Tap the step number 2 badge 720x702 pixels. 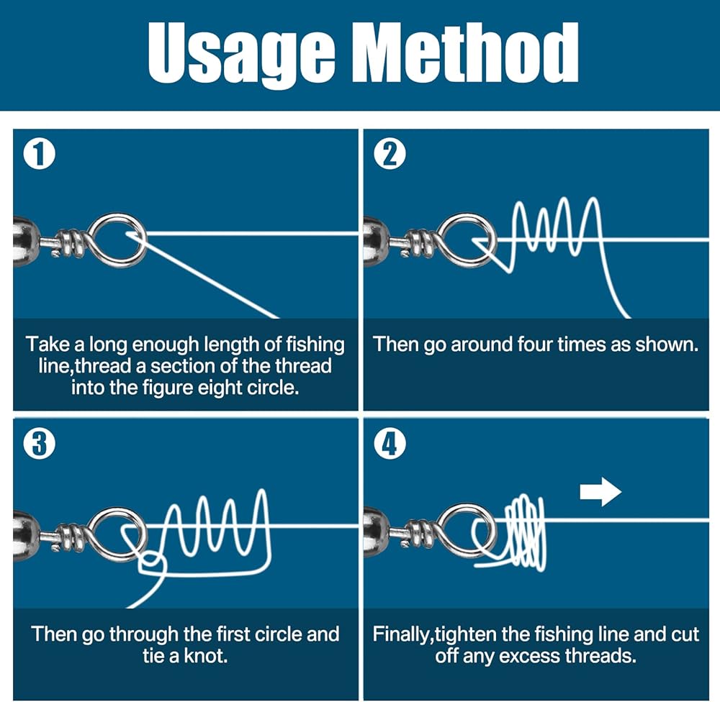[x=390, y=155]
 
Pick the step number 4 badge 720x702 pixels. [x=390, y=444]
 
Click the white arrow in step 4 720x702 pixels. [x=600, y=493]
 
